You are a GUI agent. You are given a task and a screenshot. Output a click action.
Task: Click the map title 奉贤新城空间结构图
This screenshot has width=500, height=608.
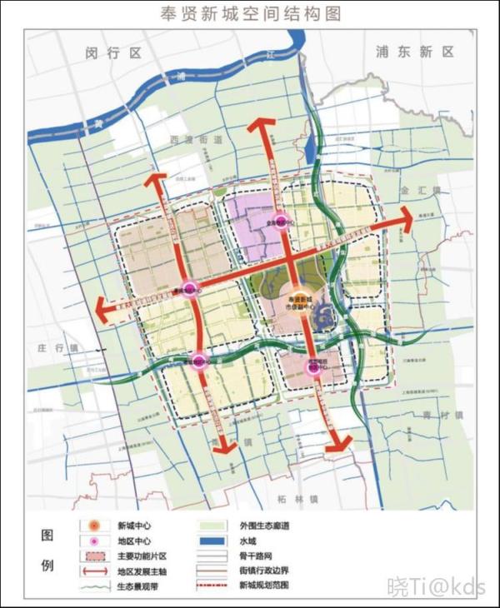coord(249,14)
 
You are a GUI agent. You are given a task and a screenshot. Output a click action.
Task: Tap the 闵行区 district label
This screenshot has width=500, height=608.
coord(115,52)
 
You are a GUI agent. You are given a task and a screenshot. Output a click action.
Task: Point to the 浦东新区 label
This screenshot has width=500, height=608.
coord(415,51)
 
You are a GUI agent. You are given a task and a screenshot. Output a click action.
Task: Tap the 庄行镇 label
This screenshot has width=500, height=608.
coord(57,347)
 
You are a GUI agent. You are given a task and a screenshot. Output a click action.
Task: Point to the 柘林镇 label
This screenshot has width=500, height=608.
coord(296,499)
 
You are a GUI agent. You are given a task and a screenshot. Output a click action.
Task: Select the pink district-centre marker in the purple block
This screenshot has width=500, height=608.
coord(281,222)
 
